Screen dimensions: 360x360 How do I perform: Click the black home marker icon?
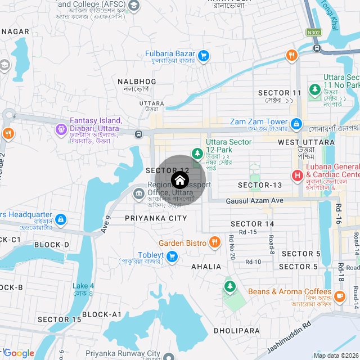[x=179, y=180]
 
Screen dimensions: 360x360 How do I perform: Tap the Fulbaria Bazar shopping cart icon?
[x=204, y=56]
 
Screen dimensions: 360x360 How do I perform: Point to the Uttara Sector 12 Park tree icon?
[x=197, y=152]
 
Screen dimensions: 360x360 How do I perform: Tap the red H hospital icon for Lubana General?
[x=297, y=175]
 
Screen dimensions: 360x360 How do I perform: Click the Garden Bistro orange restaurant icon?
[x=214, y=242]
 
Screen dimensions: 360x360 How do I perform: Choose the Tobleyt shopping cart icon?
[x=173, y=256]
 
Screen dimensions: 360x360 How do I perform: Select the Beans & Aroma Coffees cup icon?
[x=339, y=295]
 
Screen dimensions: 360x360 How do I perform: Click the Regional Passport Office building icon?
[x=138, y=194]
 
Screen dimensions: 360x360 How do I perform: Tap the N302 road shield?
[x=313, y=33]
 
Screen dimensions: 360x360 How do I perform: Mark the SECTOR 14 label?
[x=253, y=224]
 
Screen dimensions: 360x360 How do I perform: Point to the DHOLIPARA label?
[x=236, y=331]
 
